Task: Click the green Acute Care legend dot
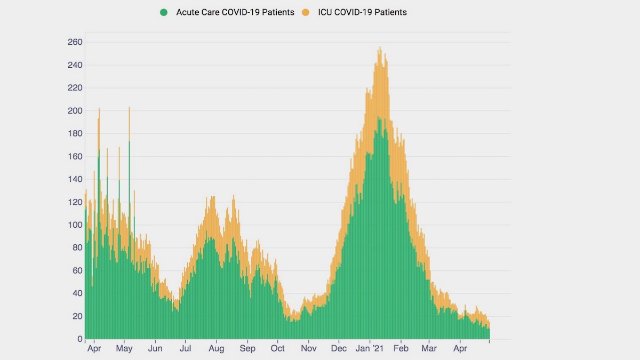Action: pos(164,12)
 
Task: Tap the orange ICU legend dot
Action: pos(305,12)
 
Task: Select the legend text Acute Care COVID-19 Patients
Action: pos(235,12)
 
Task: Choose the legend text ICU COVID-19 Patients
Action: pos(362,12)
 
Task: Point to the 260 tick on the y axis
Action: pos(75,42)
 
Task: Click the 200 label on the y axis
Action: pos(75,111)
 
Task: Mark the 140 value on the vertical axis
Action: pos(75,179)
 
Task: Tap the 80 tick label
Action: pos(77,248)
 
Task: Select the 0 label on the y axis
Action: pos(79,339)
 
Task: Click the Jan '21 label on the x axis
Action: pos(370,349)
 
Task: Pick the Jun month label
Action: pos(155,349)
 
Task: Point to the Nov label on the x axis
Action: pos(309,349)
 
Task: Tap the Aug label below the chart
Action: pos(217,349)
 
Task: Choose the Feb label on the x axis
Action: pos(401,349)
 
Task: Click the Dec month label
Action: pos(339,349)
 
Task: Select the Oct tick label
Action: pos(278,349)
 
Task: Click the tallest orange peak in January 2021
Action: pos(380,48)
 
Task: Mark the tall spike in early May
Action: pos(129,109)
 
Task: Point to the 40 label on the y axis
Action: pos(77,293)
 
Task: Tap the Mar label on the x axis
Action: pos(429,349)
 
